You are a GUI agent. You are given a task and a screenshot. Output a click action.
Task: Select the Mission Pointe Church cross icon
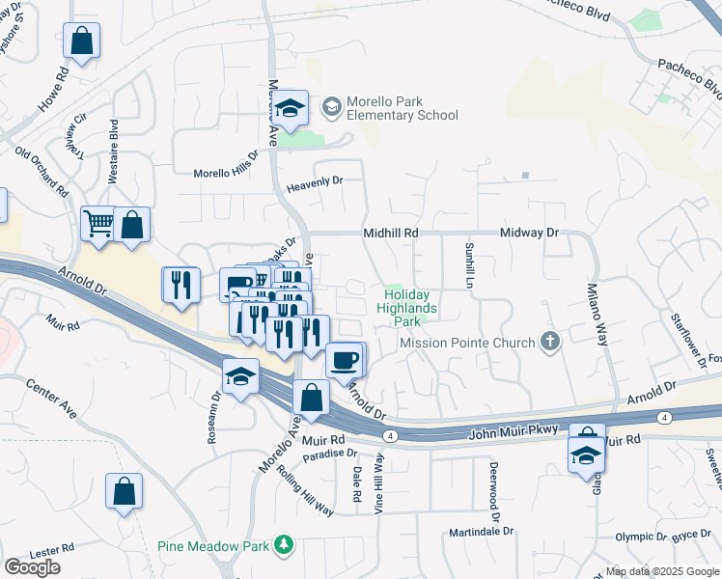point(550,341)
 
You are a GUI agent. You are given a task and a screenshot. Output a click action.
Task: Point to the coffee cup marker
point(345,360)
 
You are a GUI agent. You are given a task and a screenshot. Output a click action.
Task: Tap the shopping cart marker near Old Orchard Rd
point(99,225)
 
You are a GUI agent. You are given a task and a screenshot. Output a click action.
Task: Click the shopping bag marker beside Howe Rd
point(82,41)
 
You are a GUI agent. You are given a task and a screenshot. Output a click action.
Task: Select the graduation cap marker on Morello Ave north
point(289,108)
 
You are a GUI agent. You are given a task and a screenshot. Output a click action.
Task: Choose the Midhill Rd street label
point(391,234)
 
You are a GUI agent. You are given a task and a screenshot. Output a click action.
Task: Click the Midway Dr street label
point(529,234)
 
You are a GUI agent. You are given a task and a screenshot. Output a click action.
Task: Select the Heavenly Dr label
point(315,181)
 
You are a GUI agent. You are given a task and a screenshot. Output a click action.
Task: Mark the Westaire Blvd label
point(114,152)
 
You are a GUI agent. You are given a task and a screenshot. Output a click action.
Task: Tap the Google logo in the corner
point(33,566)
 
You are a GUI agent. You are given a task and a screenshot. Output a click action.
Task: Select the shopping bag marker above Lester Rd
point(125,491)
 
